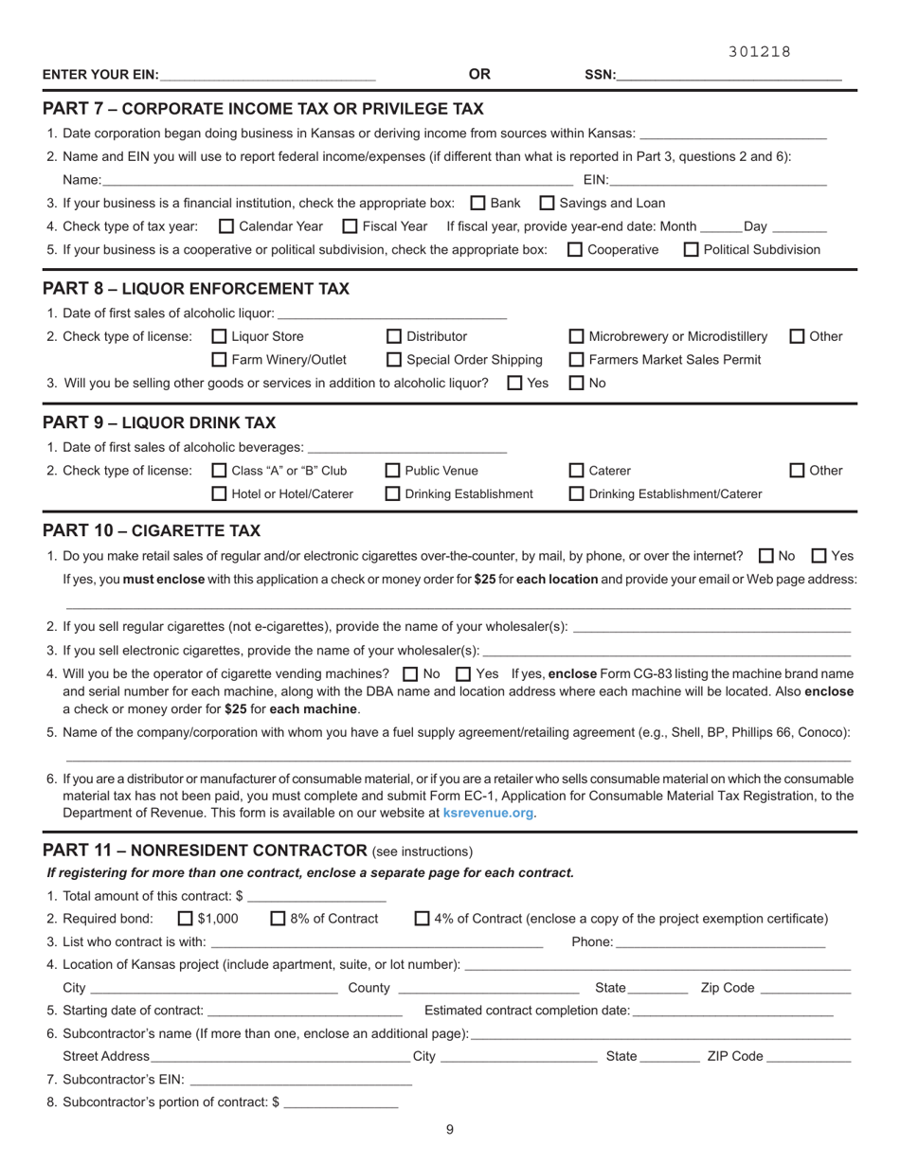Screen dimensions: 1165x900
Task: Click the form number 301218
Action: tap(759, 52)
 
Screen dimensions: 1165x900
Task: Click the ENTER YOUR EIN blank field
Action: tap(268, 74)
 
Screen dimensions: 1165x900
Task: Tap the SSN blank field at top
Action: tap(729, 74)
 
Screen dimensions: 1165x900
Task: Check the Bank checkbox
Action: tap(478, 203)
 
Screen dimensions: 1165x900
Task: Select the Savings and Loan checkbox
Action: tap(548, 203)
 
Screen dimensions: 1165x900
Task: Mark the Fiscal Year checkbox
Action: tap(350, 226)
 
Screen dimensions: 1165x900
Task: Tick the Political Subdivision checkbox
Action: tap(692, 250)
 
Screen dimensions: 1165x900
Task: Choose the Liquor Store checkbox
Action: tap(220, 336)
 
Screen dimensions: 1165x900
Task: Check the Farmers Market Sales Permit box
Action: tap(577, 360)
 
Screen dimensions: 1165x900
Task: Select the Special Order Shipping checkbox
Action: tap(394, 360)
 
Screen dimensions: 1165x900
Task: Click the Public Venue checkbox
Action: tap(394, 471)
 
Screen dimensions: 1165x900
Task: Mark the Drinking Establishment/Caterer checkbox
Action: tap(577, 493)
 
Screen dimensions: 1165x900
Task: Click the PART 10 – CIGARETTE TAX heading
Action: tap(152, 530)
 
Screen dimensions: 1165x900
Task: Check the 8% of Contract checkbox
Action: tap(279, 919)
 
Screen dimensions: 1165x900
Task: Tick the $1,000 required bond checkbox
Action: tap(186, 919)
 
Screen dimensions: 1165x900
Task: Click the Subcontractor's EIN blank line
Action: tap(300, 1079)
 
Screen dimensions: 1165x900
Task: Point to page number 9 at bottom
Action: tap(450, 1129)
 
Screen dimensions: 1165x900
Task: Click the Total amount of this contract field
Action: tap(315, 896)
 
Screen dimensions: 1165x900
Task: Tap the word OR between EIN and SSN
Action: tap(479, 74)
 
